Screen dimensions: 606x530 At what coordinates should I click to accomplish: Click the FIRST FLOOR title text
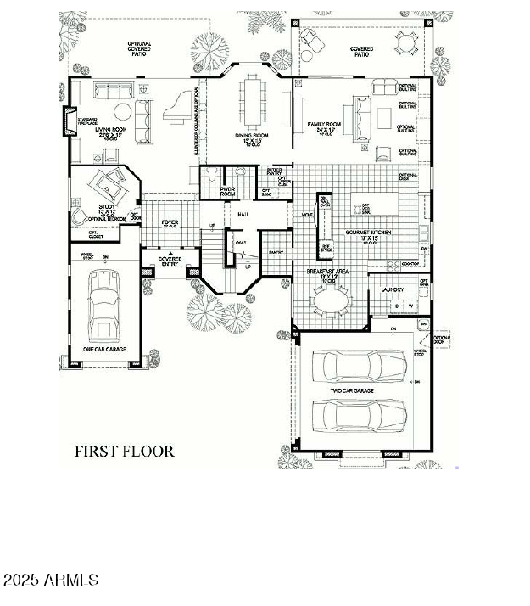124,451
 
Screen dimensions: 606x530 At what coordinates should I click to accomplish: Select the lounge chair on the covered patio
310,40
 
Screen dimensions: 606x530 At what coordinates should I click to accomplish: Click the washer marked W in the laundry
410,306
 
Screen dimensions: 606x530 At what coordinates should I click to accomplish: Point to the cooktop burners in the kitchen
410,264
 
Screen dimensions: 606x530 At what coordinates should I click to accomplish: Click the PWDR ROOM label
227,192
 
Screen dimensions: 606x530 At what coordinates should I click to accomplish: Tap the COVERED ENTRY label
170,261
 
